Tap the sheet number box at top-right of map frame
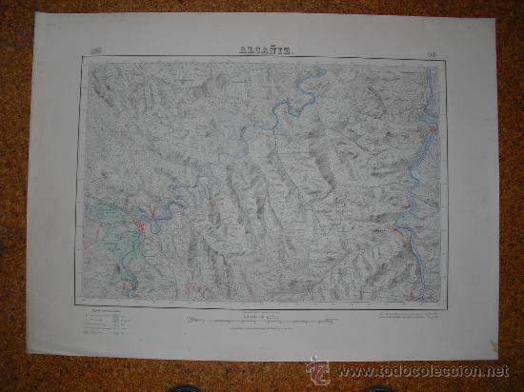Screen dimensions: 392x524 (433, 49)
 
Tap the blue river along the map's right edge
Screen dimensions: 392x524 (431, 95)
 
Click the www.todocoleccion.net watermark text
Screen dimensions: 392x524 (424, 371)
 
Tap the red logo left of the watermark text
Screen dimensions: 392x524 (320, 369)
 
